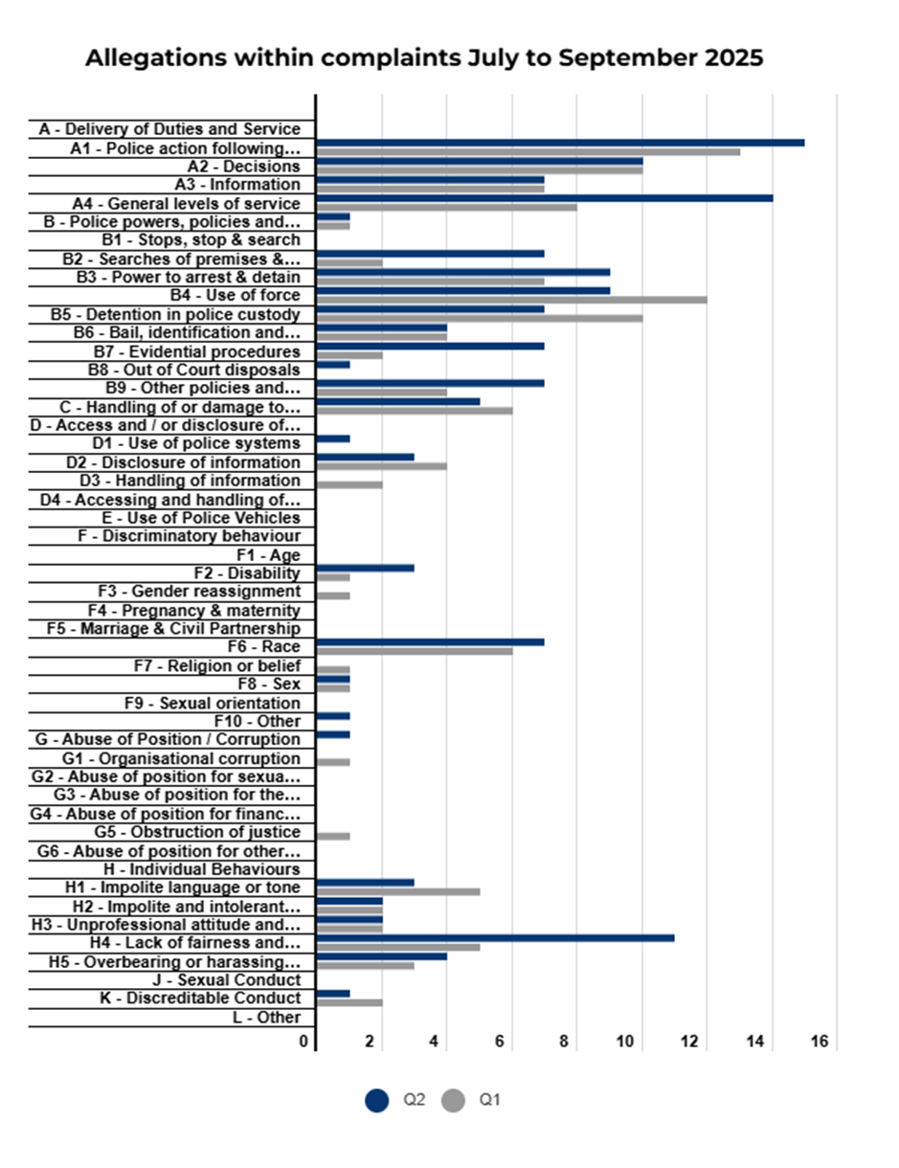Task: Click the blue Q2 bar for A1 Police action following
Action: [x=560, y=143]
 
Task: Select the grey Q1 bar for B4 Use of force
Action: [x=511, y=300]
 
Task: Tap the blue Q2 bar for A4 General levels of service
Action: [x=545, y=198]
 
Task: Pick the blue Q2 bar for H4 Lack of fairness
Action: [x=495, y=938]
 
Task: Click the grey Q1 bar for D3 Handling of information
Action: [x=349, y=484]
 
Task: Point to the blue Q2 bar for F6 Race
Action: [x=431, y=642]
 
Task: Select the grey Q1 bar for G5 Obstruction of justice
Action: [x=333, y=837]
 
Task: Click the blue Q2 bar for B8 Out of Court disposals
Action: [x=333, y=365]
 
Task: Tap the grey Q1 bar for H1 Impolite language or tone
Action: [x=398, y=891]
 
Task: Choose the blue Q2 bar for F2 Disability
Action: [x=366, y=568]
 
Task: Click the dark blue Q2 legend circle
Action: [x=376, y=1100]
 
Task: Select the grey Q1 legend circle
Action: [x=453, y=1100]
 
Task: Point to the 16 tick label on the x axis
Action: [x=820, y=1042]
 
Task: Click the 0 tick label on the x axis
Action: [x=303, y=1042]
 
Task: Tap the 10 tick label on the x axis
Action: [x=625, y=1042]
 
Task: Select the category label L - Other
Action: [x=266, y=1018]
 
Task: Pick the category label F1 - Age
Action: [x=268, y=555]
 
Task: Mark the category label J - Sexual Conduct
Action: [x=227, y=980]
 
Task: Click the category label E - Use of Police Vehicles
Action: [x=201, y=518]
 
